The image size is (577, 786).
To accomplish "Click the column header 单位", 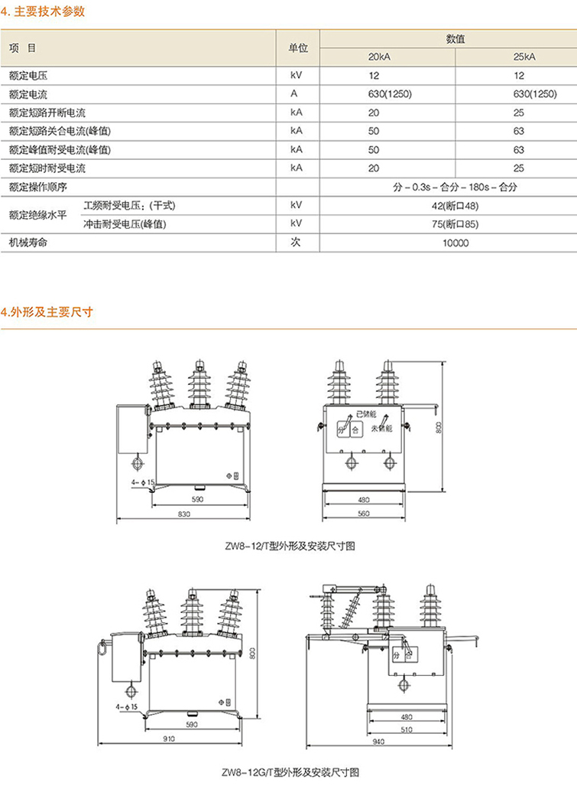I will [297, 47].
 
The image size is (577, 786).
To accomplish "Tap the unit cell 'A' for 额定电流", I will [293, 94].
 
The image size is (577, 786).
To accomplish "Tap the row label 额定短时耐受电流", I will [47, 168].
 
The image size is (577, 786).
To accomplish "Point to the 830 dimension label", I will [183, 515].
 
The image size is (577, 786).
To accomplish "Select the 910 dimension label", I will [170, 739].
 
